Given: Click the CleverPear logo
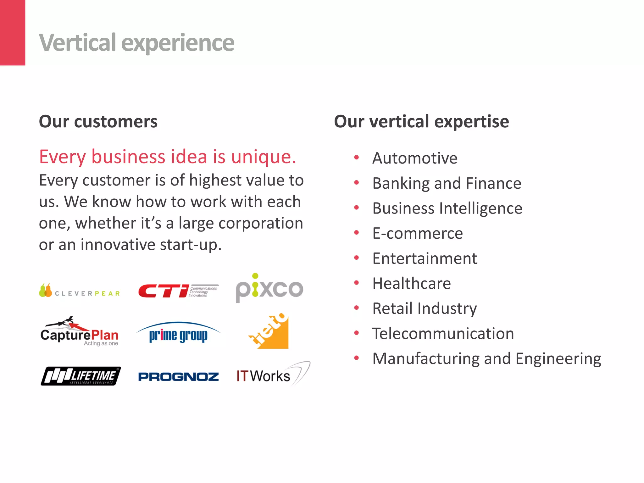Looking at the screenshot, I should [x=80, y=291].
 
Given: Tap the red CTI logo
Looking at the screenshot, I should [x=178, y=291].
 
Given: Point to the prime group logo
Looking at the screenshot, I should [x=178, y=333].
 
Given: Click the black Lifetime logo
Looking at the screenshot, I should [x=81, y=376].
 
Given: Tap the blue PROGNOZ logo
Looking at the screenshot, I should [x=178, y=377].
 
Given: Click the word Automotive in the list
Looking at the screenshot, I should [x=415, y=158].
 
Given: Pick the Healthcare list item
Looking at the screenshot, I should [x=411, y=284].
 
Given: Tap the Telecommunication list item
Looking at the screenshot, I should [x=443, y=334].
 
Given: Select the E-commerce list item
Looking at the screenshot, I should [x=418, y=234].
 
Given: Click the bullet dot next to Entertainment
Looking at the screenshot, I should [x=356, y=258].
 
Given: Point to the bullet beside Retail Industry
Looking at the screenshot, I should [x=356, y=308].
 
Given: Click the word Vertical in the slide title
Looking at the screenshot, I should [x=77, y=43].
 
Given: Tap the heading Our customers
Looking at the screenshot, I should [x=98, y=122].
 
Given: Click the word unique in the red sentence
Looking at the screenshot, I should [x=264, y=157].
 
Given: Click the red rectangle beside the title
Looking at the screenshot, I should [x=13, y=32].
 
